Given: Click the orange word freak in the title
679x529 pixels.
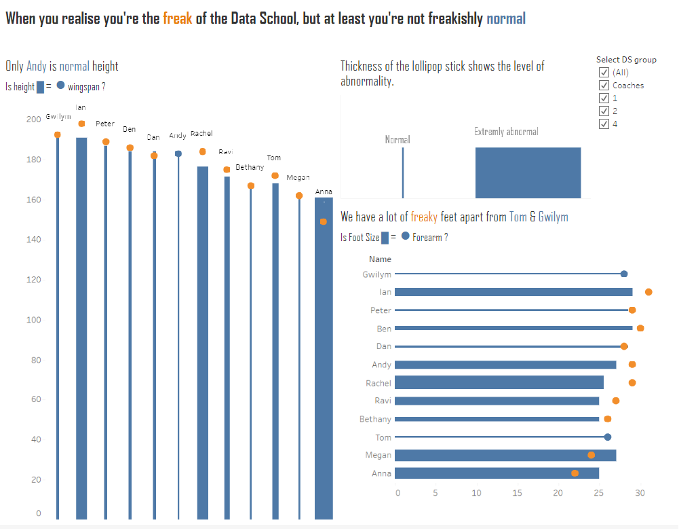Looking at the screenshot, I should [178, 18].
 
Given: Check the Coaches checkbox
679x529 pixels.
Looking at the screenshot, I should [604, 86].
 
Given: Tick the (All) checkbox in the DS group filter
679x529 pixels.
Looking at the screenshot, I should [604, 73].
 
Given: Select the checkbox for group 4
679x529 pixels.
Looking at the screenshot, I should [604, 124].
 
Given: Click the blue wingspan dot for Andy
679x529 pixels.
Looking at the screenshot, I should [178, 153].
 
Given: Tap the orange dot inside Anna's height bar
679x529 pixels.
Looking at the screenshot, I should [324, 221].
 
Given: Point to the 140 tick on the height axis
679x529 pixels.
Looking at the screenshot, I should [34, 240].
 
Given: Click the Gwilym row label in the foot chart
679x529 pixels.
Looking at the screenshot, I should [377, 274].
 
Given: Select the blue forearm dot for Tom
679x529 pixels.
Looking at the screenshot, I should [608, 437].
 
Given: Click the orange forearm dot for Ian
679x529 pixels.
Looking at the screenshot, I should [648, 292].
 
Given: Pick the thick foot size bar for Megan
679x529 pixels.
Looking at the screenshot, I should [505, 455].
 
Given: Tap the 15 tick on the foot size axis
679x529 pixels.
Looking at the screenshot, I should [518, 493].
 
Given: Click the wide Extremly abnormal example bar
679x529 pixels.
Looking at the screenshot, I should [528, 172].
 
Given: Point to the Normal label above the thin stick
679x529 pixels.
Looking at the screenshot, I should [397, 140].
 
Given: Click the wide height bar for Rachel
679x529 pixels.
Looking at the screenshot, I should [203, 340].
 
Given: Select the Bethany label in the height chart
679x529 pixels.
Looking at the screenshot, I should [250, 167].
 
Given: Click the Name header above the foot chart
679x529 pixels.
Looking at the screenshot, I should [380, 259].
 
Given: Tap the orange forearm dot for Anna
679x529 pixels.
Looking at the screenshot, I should [575, 473].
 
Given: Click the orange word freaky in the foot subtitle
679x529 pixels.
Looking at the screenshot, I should [424, 217].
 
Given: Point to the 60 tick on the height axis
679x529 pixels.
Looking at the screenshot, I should [36, 399].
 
